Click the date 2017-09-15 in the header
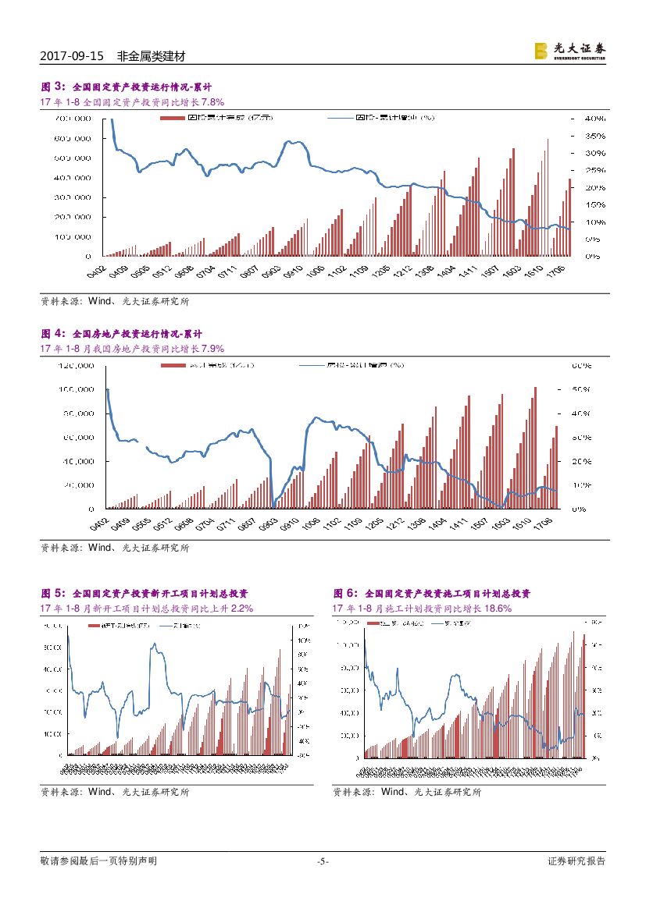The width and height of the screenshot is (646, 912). [71, 57]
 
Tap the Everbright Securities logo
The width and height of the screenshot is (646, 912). [569, 51]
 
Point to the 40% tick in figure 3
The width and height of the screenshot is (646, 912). [594, 119]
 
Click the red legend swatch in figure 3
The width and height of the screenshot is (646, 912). [172, 118]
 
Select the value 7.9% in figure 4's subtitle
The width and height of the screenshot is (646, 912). [213, 349]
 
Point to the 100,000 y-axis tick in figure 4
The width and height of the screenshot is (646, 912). [77, 389]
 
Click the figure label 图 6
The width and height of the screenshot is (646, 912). [344, 594]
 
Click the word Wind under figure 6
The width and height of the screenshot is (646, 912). [394, 792]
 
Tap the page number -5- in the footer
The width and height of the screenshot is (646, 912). [323, 861]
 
